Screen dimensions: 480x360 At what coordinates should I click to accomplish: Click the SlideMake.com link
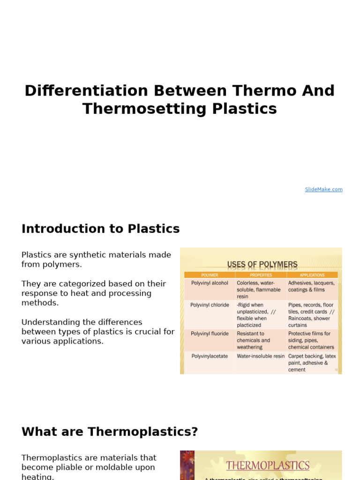(x=323, y=189)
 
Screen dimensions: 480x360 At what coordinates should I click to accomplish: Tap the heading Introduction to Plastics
(x=100, y=229)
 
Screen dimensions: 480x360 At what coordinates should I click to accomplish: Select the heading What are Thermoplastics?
(x=110, y=432)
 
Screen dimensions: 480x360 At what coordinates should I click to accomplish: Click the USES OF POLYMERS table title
(x=262, y=265)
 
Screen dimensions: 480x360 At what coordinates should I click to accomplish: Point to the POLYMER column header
(x=210, y=275)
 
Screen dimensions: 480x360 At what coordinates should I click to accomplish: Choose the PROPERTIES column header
(x=261, y=275)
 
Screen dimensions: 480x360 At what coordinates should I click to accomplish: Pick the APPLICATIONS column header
(x=312, y=275)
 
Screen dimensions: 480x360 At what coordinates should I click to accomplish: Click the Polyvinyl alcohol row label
(x=210, y=283)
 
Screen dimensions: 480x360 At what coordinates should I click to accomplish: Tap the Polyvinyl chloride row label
(x=210, y=305)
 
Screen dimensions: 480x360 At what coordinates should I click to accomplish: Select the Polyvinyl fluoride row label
(x=210, y=334)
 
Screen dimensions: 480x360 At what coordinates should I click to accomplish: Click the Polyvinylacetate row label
(x=210, y=356)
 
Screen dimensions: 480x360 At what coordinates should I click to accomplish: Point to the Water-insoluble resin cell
(x=261, y=356)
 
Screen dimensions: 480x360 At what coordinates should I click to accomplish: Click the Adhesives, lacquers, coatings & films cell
(x=311, y=286)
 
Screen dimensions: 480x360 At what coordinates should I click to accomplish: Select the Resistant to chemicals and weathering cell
(x=254, y=340)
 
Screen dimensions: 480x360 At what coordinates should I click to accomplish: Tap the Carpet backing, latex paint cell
(x=312, y=360)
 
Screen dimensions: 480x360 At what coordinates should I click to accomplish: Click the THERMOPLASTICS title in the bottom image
(x=268, y=465)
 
